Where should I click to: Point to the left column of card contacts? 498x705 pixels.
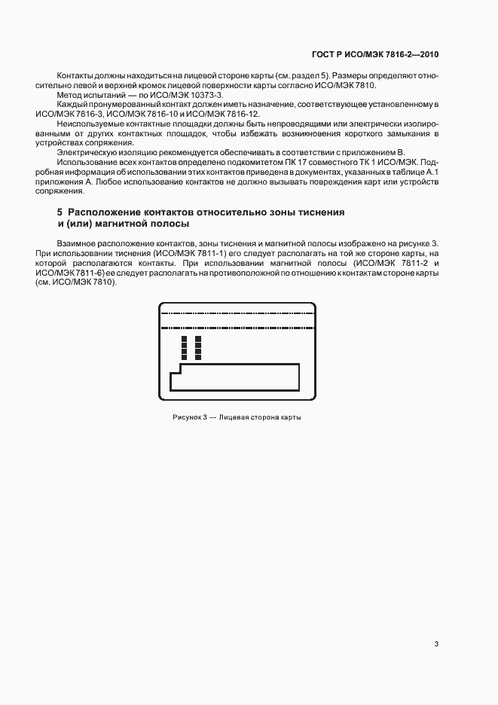click(184, 348)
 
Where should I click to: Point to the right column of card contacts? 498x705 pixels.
click(198, 348)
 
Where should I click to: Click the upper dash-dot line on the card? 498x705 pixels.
click(237, 312)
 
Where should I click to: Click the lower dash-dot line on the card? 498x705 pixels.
click(237, 328)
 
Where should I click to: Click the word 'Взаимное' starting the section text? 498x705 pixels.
click(75, 243)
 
